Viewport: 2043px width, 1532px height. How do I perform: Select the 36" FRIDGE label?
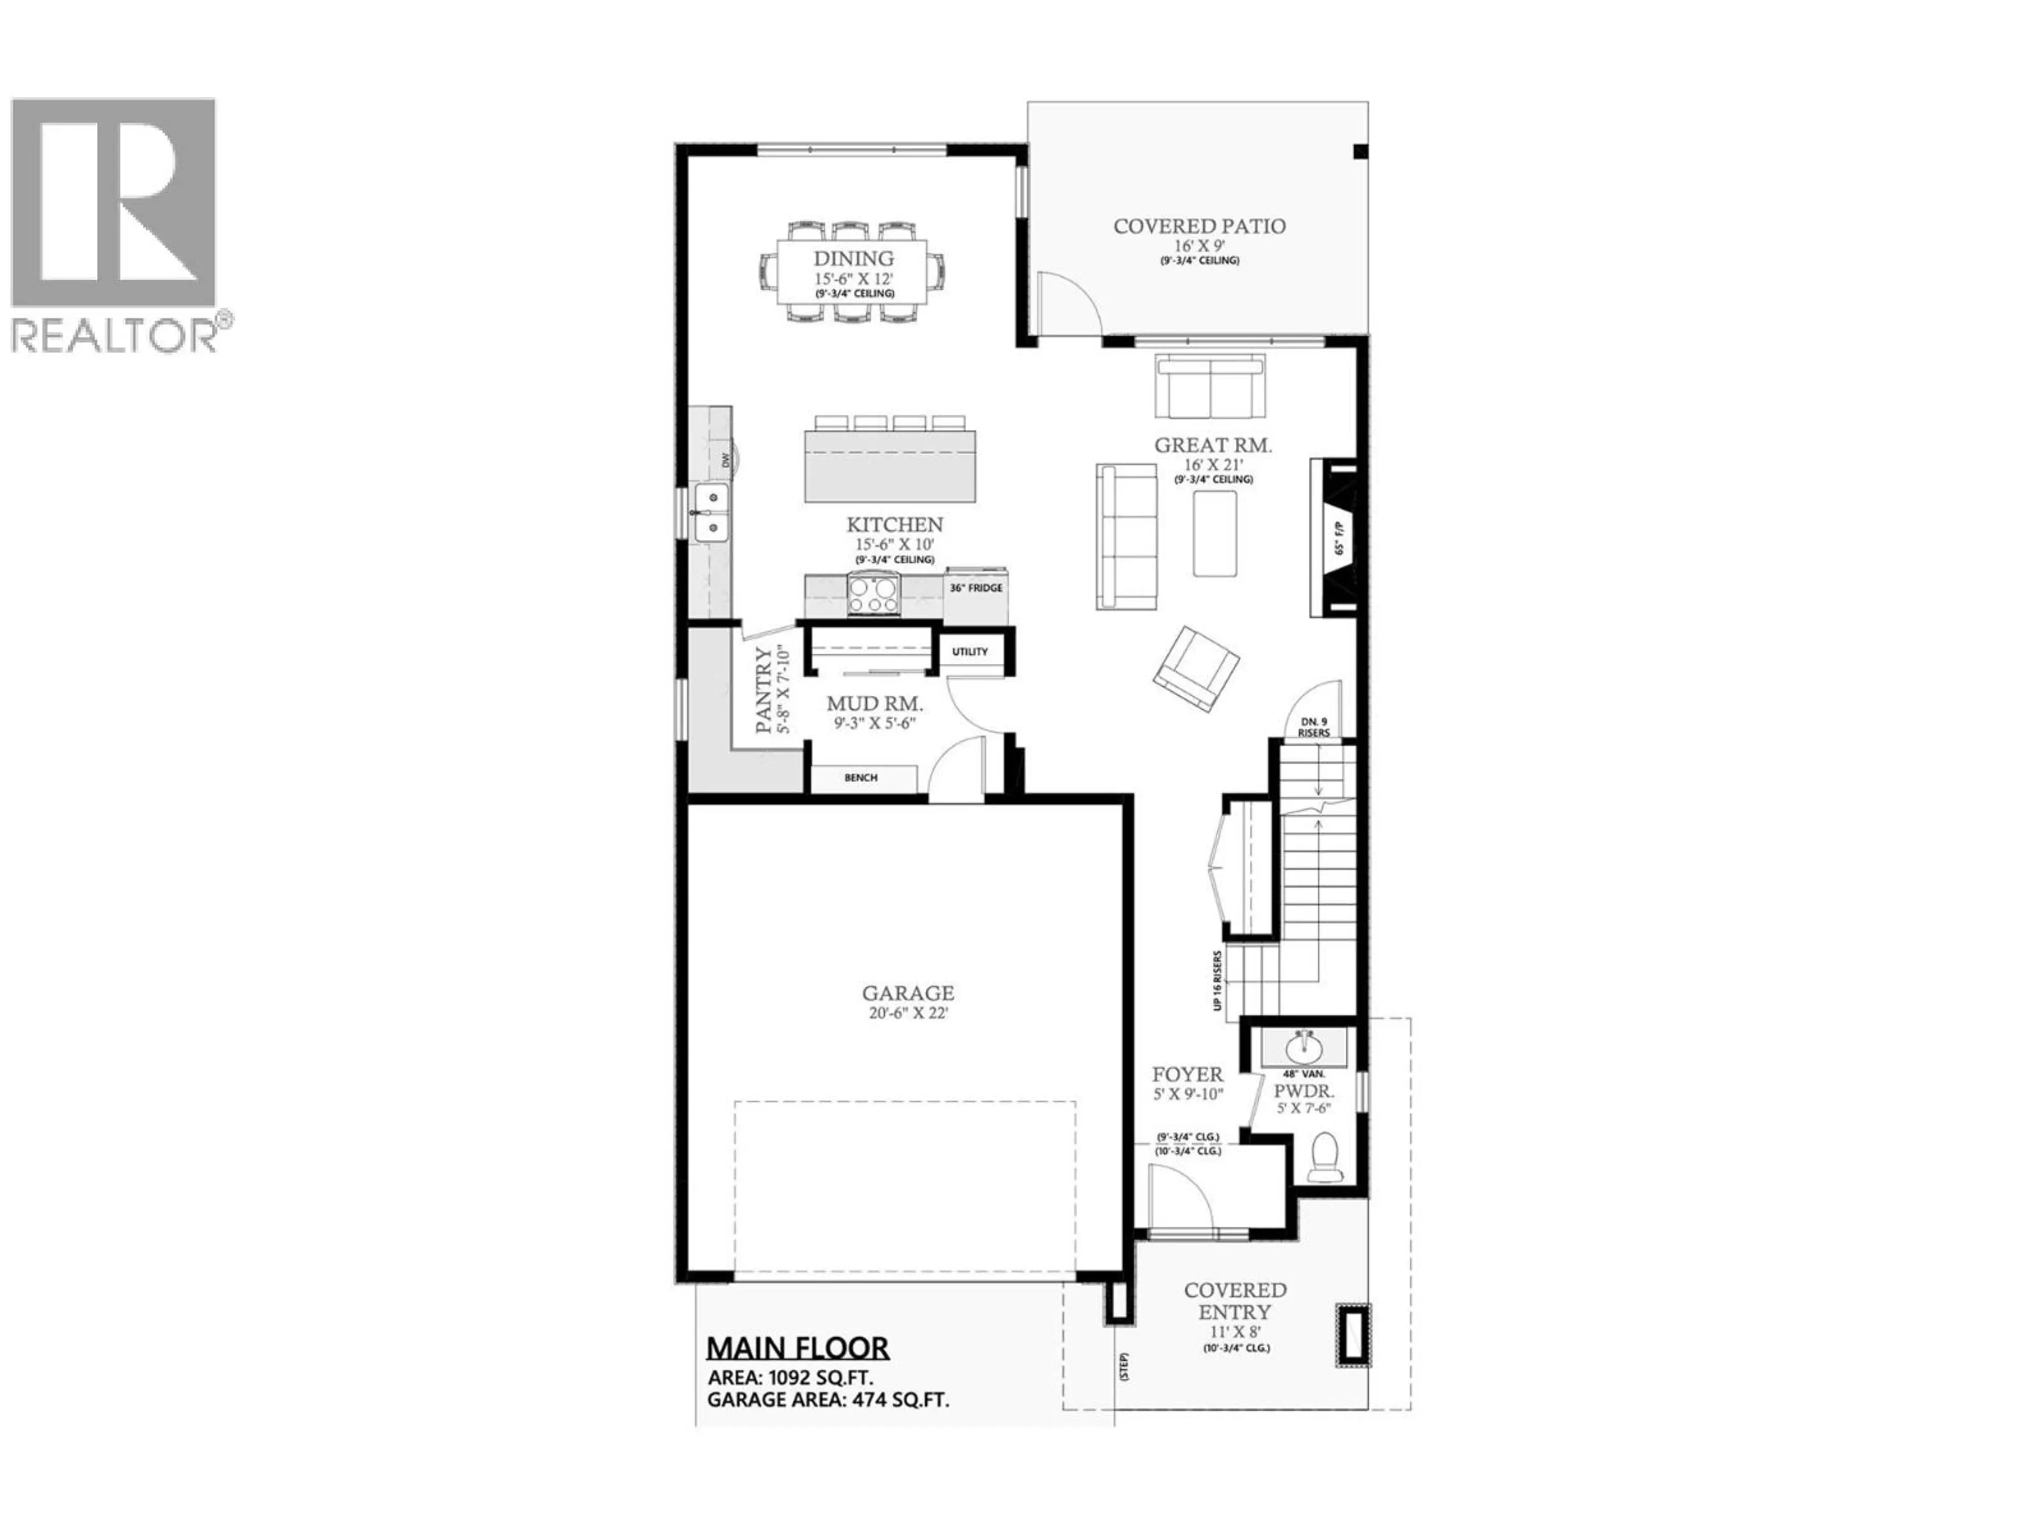(x=975, y=587)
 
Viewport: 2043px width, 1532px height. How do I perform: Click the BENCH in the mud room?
(x=861, y=778)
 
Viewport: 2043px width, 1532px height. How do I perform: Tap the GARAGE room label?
(x=908, y=994)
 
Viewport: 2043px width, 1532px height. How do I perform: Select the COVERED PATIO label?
(x=1199, y=226)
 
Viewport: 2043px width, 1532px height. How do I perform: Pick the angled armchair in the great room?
(x=1197, y=669)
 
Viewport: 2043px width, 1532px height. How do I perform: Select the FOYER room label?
(x=1187, y=1075)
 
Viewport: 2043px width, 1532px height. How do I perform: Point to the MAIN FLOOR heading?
(x=797, y=1348)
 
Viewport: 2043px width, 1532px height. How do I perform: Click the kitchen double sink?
(x=712, y=513)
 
